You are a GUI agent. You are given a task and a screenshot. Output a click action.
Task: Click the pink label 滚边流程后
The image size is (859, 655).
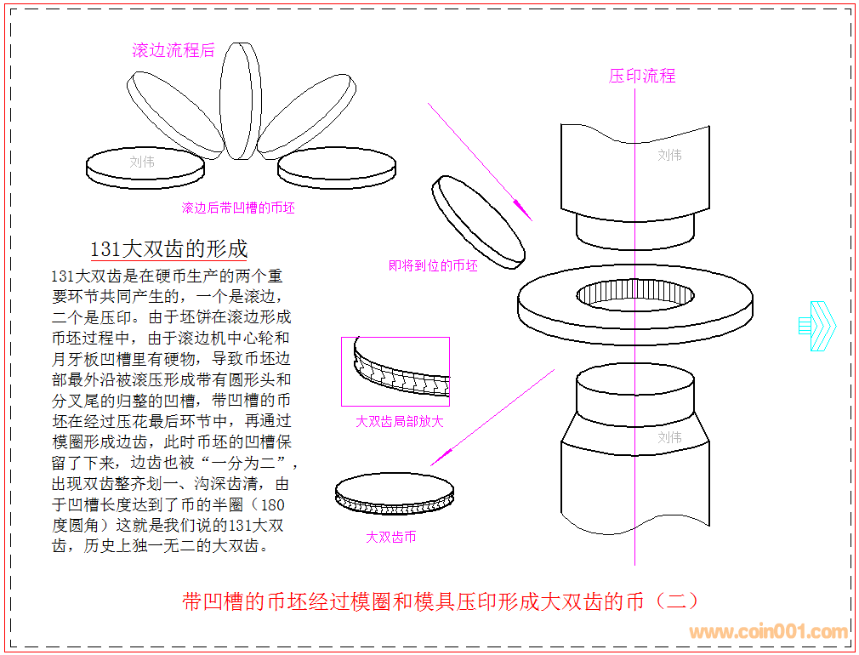point(173,50)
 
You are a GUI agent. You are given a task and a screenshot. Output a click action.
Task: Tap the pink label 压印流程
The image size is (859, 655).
point(642,76)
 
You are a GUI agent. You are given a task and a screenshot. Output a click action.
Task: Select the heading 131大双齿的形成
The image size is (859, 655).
point(169,248)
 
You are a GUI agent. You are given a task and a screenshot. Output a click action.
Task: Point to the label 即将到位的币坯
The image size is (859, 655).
point(434,265)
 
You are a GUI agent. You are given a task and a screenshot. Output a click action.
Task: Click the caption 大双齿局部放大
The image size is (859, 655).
point(400,421)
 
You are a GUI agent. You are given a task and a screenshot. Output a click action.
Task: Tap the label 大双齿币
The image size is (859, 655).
point(391,537)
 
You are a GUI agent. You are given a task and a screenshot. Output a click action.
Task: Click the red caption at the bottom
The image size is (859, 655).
point(441,601)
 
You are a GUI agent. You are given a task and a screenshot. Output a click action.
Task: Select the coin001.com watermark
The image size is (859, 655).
point(768,632)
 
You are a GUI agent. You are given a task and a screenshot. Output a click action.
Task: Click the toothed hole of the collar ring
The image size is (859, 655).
point(634,294)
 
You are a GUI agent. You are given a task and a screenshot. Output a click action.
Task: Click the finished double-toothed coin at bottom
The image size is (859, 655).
point(395,493)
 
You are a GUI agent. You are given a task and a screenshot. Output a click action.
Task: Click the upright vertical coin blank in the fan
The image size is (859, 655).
point(240,100)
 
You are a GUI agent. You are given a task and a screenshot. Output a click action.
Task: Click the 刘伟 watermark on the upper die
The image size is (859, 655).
point(670,155)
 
